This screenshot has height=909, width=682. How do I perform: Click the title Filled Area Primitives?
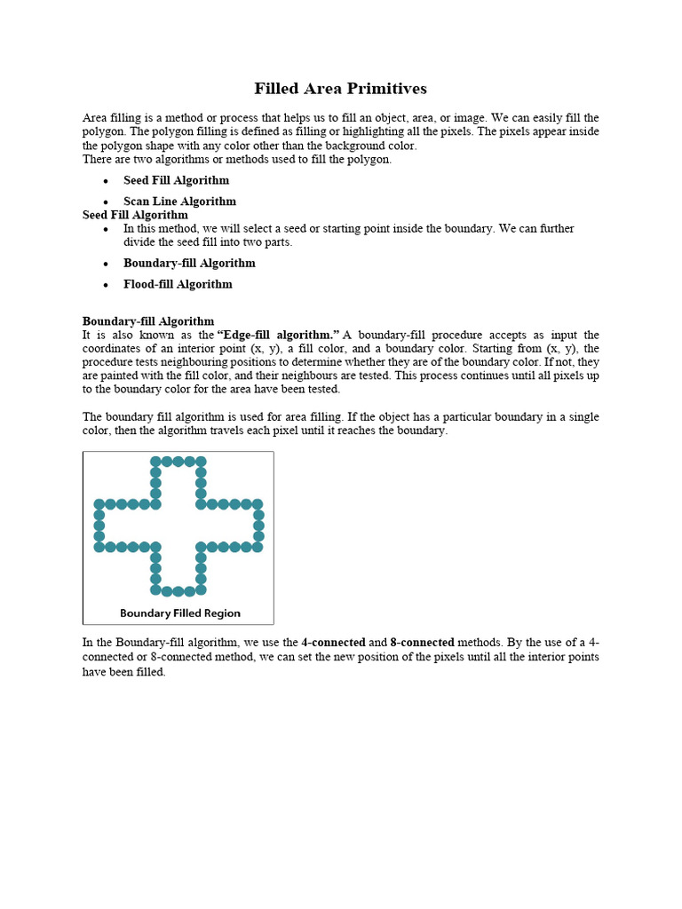340,89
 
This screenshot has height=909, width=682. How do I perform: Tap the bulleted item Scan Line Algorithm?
179,202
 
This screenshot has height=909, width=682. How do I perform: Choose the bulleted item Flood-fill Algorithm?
178,284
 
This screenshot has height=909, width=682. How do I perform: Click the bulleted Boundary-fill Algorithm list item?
189,263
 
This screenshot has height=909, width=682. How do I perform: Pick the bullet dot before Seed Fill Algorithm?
105,181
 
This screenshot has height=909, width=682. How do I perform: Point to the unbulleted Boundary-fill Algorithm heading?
148,321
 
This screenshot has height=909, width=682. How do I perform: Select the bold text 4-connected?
333,642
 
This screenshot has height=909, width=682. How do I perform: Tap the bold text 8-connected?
422,642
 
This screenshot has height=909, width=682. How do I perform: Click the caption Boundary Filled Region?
180,613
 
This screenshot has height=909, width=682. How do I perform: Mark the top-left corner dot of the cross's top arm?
155,462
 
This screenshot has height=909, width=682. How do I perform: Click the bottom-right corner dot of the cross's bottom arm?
202,589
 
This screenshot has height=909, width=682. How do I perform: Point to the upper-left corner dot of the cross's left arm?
99,504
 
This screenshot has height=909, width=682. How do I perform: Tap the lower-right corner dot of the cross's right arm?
258,547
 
